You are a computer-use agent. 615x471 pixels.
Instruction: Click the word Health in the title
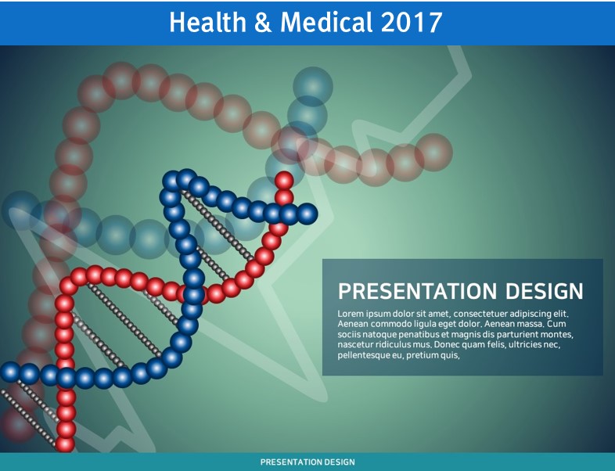207,22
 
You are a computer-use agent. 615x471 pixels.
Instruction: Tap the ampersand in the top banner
263,23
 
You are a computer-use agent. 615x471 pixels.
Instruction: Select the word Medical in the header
326,22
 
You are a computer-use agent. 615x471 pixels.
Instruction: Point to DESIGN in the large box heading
545,291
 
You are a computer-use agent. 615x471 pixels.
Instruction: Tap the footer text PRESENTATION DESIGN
307,462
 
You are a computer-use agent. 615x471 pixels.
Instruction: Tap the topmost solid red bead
284,181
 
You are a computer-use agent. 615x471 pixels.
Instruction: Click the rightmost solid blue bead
307,214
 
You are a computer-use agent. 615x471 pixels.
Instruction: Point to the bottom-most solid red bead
65,444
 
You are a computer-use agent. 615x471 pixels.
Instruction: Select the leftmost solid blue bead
10,372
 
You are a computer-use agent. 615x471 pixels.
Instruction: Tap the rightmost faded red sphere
433,153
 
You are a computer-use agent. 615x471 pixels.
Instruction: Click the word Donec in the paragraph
448,345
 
